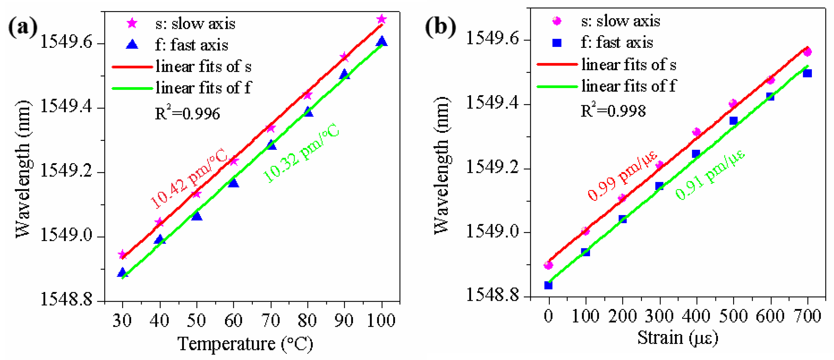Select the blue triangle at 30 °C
point(122,272)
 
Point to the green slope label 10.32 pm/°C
point(301,153)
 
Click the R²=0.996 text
point(187,113)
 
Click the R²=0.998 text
point(613,111)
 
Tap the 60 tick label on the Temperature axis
point(233,321)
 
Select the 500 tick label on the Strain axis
point(733,316)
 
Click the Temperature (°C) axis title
point(245,344)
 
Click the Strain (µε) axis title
point(678,338)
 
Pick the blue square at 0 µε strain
point(548,285)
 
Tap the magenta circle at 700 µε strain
point(807,52)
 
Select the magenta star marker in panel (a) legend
point(132,23)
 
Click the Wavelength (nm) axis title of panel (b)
point(442,165)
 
